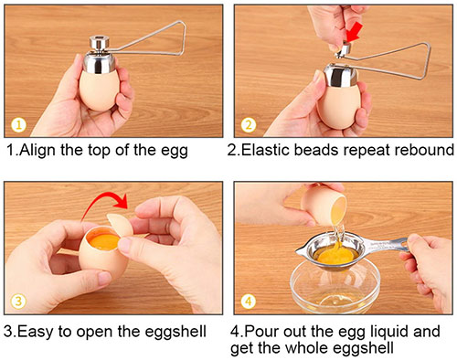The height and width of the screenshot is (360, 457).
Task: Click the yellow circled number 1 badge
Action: [19, 125]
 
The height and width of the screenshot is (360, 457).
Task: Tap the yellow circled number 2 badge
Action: [249, 125]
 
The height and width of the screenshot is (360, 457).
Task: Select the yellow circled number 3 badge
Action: [18, 302]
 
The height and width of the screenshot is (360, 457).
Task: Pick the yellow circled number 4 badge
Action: [249, 302]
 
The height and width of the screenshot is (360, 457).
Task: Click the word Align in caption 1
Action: [37, 150]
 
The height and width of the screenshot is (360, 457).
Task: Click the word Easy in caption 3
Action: [35, 331]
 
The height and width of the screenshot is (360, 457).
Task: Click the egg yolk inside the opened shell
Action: [103, 240]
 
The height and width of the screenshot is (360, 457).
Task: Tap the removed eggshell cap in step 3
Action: [121, 226]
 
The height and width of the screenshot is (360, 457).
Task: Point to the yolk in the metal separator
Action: [335, 255]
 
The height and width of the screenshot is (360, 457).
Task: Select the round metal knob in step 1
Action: [100, 43]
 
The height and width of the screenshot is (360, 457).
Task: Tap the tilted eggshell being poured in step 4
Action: [324, 204]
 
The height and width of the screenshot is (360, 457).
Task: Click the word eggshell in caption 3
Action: [175, 332]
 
